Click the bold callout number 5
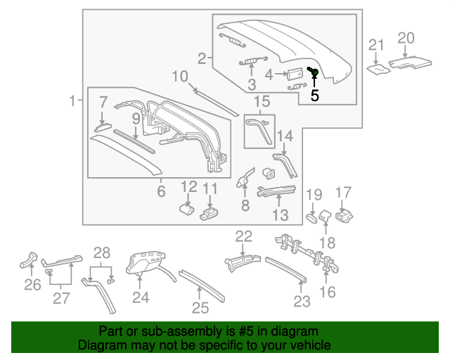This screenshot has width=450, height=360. [x=315, y=95]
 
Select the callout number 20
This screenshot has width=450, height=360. [x=406, y=38]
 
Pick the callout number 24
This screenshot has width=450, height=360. [x=141, y=297]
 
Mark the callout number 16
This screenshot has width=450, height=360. [x=328, y=291]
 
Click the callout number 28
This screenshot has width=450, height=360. [x=103, y=252]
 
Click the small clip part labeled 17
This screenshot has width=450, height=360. [x=343, y=216]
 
